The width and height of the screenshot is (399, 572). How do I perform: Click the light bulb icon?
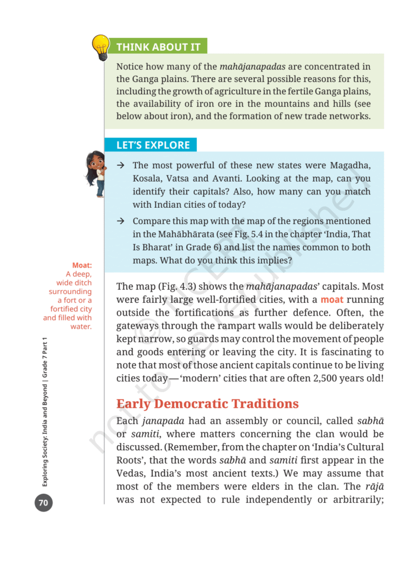point(101,46)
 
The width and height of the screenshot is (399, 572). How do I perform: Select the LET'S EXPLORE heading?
point(153,145)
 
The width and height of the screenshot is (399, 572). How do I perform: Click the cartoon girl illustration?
point(96,173)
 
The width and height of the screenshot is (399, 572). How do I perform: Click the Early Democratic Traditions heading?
point(207,404)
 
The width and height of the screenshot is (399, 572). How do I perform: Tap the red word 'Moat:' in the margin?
point(82,265)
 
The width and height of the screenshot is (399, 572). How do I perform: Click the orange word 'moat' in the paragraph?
point(332,301)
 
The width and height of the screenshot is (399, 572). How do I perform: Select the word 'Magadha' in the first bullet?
point(350,166)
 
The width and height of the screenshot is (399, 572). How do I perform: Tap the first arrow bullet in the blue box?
point(120,166)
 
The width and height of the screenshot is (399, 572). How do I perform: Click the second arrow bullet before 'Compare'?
point(120,221)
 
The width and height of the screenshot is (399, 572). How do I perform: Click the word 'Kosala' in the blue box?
point(147,179)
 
